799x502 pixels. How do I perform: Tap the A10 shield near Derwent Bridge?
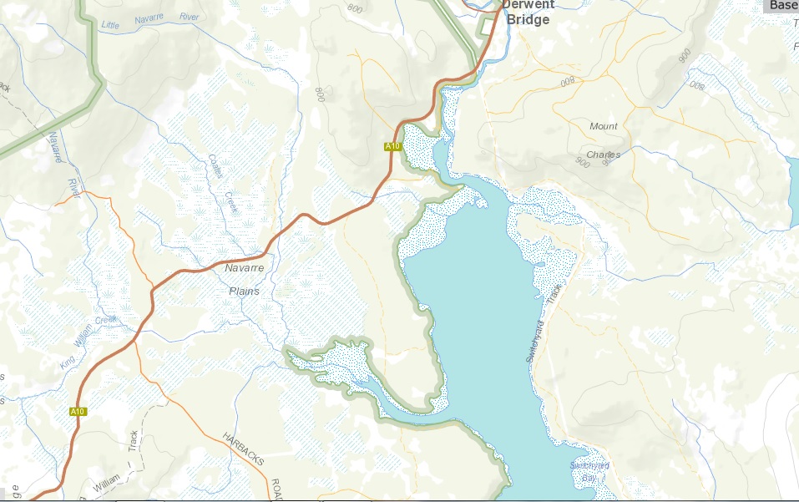pos(393,146)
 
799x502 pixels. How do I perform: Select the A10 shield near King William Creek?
pos(78,411)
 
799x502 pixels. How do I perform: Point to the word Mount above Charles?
pos(604,126)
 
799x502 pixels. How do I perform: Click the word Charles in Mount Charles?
pos(603,155)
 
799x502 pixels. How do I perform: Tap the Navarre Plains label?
pos(244,280)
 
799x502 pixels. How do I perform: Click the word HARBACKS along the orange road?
pos(241,452)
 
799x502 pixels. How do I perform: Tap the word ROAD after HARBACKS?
pos(274,489)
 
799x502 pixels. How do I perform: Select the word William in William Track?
pos(106,481)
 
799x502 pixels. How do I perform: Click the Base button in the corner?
pos(782,5)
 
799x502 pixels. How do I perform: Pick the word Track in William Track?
pos(132,443)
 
